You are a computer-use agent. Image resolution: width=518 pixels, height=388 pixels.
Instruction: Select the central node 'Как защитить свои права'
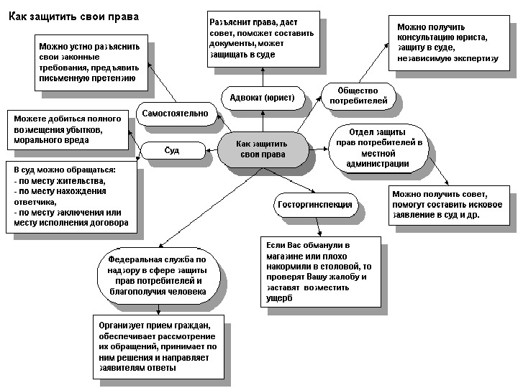tap(260, 149)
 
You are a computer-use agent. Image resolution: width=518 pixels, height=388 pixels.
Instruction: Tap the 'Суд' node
tap(172, 150)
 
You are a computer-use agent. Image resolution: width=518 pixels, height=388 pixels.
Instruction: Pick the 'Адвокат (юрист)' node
tap(262, 98)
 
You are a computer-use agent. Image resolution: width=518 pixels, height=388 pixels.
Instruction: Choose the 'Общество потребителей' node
tap(358, 96)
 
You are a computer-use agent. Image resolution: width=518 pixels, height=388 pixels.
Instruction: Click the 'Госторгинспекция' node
tap(314, 205)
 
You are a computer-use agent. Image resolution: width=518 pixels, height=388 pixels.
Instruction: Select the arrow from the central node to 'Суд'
tap(210, 150)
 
